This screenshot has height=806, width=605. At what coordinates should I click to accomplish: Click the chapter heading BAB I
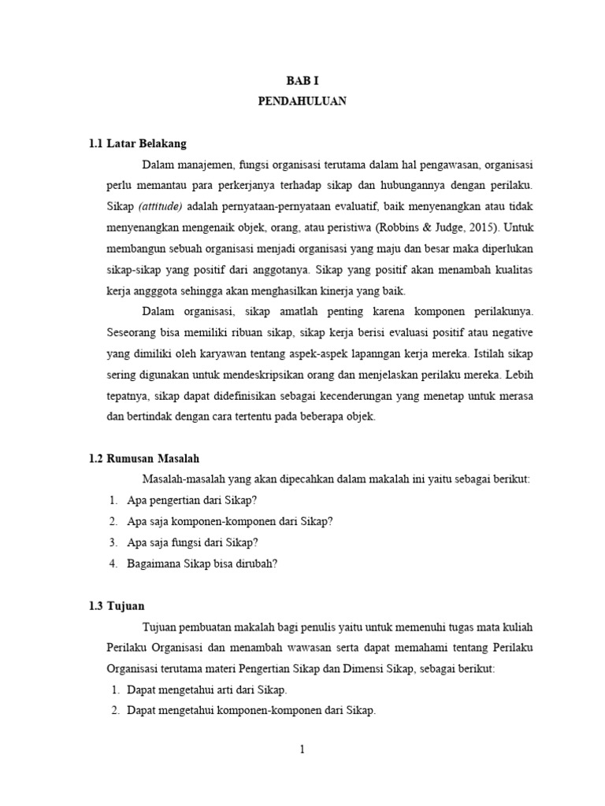coord(302,81)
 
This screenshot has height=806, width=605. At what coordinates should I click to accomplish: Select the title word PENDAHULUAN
coord(302,102)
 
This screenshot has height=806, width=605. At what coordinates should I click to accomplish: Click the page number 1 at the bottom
coord(302,750)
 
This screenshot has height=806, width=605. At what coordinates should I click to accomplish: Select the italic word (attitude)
coord(161,207)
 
